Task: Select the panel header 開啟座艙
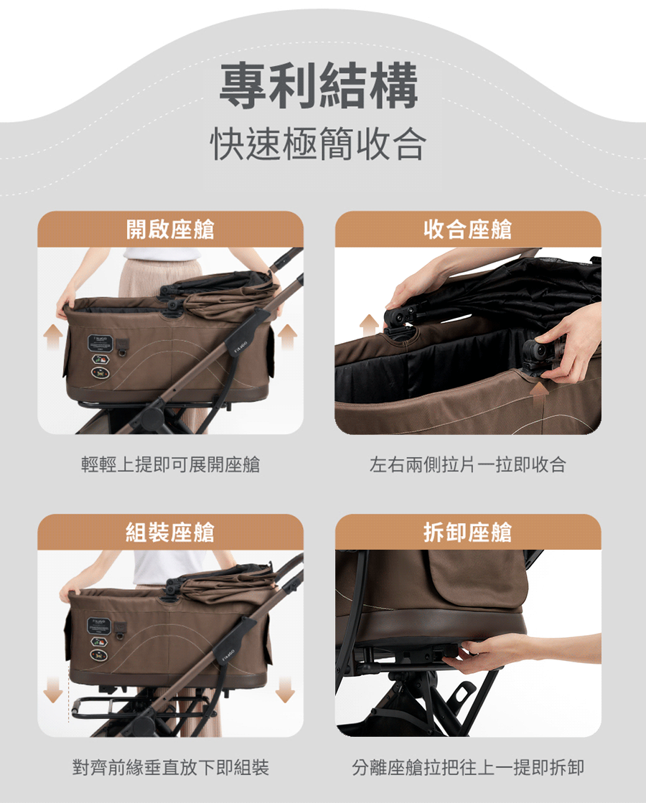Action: coord(170,230)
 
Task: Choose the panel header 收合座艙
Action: coord(468,230)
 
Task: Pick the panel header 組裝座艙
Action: coord(170,532)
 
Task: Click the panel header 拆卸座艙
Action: coord(468,532)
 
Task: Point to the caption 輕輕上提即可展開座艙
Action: coord(170,465)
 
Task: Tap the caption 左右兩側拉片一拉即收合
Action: coord(468,465)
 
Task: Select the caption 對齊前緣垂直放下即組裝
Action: coord(170,768)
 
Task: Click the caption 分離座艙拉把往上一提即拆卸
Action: coord(468,768)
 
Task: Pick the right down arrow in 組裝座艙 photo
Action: coord(286,690)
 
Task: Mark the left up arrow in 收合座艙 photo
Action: coord(370,324)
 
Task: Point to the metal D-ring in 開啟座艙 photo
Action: coord(123,352)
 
